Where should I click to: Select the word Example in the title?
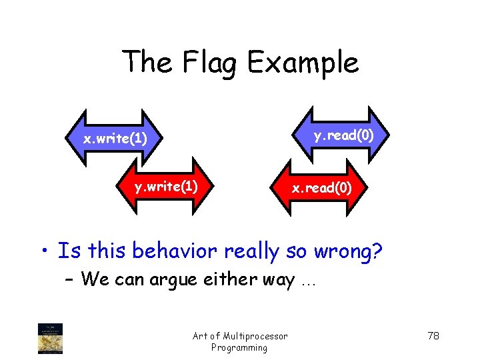click(x=303, y=64)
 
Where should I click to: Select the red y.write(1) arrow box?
click(x=166, y=187)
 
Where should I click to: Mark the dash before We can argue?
click(x=71, y=280)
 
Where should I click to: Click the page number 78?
click(x=433, y=335)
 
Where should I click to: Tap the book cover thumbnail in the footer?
click(x=51, y=339)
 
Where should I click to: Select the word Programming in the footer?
click(x=239, y=347)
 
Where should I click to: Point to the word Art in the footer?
click(x=201, y=336)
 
